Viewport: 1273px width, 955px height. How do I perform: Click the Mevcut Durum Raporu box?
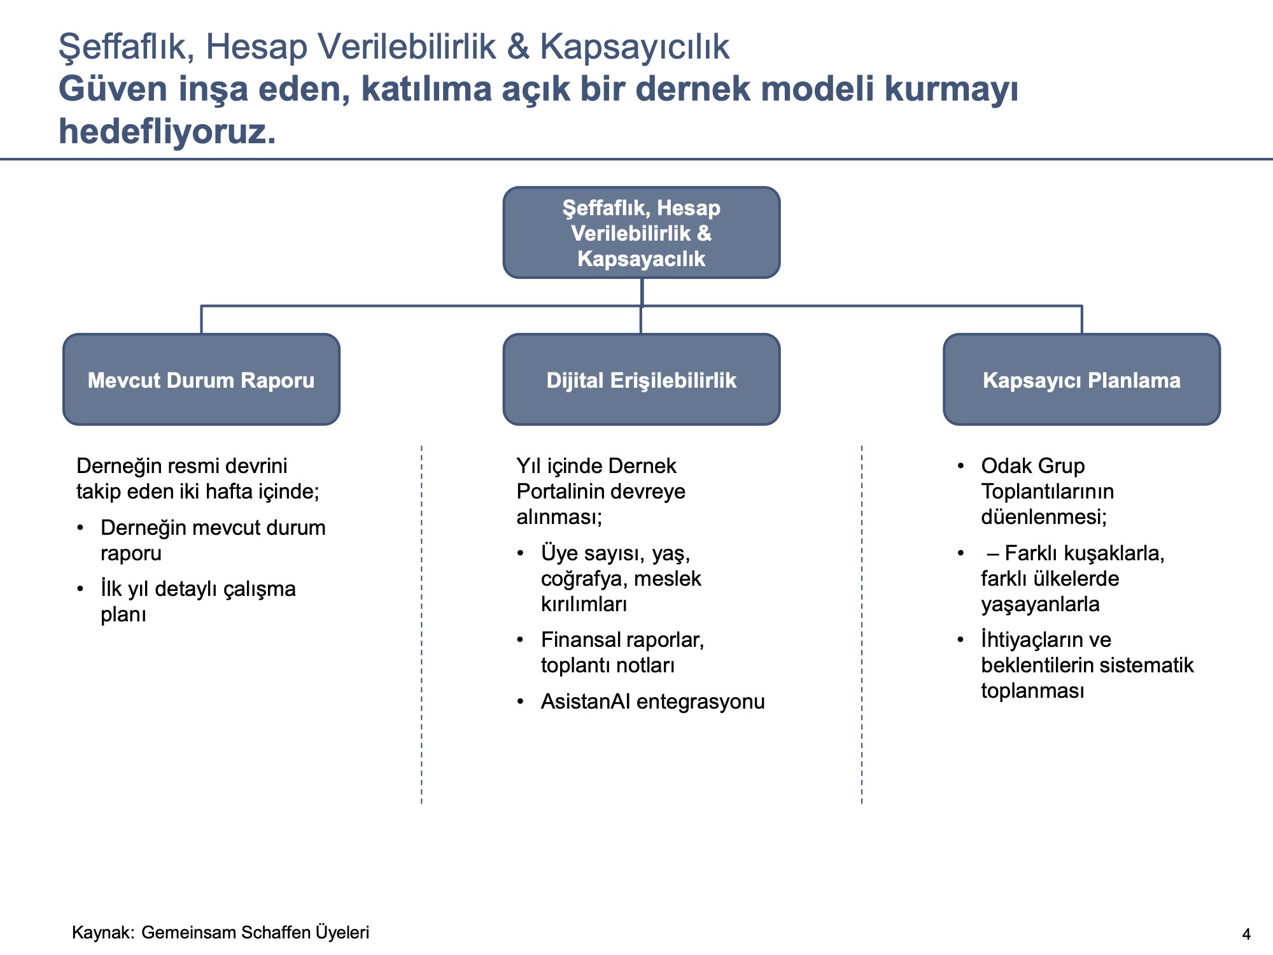coord(201,379)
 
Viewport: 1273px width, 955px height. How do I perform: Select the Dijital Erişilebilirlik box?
coord(641,379)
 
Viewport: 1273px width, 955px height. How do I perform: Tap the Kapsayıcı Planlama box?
coord(1081,379)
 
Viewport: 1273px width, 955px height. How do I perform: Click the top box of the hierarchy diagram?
coord(641,232)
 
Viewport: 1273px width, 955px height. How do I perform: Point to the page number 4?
coord(1246,934)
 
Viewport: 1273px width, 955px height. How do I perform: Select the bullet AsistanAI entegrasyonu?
coord(652,701)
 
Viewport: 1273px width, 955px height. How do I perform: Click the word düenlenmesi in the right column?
coord(1044,516)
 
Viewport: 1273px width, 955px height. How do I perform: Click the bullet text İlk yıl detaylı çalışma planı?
coord(198,589)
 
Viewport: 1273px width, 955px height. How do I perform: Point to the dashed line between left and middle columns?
coord(421,624)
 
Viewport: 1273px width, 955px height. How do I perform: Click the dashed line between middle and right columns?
coord(862,624)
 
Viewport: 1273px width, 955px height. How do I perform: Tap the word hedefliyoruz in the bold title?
coord(167,131)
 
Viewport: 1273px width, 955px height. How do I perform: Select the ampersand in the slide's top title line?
coord(519,47)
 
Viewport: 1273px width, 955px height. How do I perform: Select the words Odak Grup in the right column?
coord(1032,465)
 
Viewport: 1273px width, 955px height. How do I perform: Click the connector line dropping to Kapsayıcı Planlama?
coord(1081,320)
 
